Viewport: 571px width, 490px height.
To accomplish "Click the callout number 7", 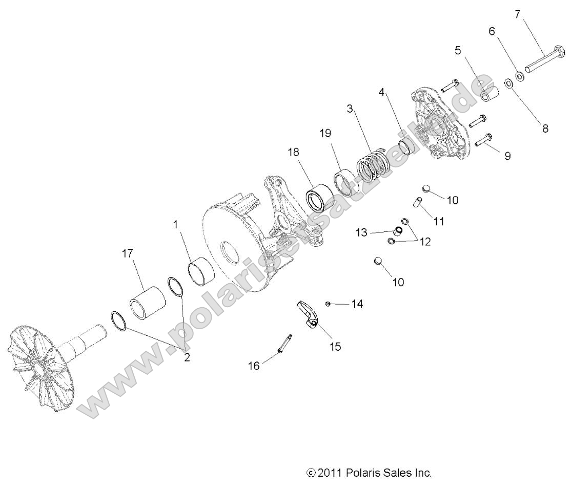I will pyautogui.click(x=518, y=15).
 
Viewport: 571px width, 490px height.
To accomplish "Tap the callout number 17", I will pyautogui.click(x=127, y=253).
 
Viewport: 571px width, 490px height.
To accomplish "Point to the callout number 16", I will pyautogui.click(x=254, y=366).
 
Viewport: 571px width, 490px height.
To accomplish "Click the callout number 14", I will pyautogui.click(x=357, y=304).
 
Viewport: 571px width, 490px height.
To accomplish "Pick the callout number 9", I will pyautogui.click(x=507, y=156).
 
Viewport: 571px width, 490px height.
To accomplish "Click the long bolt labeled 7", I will pyautogui.click(x=545, y=59).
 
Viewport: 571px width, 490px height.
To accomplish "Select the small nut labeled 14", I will pyautogui.click(x=328, y=304).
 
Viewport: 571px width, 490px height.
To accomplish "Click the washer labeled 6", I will pyautogui.click(x=519, y=76).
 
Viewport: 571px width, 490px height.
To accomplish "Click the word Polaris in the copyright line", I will pyautogui.click(x=363, y=473).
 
